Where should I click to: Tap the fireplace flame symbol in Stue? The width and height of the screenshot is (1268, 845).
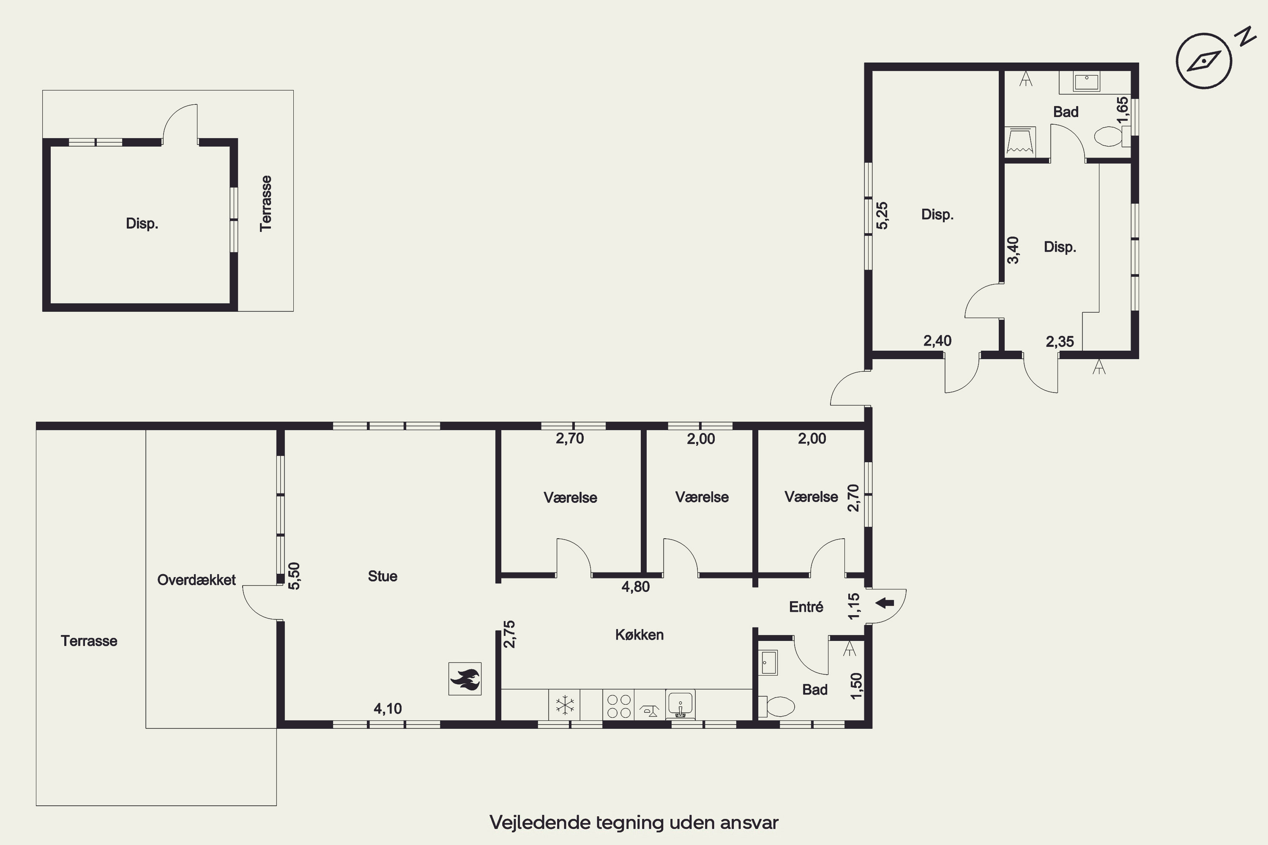pyautogui.click(x=465, y=679)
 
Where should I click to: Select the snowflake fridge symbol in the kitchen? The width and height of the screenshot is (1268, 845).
pyautogui.click(x=564, y=705)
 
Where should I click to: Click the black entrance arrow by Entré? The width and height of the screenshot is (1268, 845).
pyautogui.click(x=885, y=603)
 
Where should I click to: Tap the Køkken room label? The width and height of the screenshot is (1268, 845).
pyautogui.click(x=639, y=635)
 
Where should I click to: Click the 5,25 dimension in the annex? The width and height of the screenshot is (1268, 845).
pyautogui.click(x=882, y=215)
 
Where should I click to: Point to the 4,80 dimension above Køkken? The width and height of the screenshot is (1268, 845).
pyautogui.click(x=636, y=587)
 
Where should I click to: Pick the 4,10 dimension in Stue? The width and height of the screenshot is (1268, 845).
pyautogui.click(x=388, y=709)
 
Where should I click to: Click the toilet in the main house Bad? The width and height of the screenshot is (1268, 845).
pyautogui.click(x=776, y=706)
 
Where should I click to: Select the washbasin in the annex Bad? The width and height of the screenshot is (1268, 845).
pyautogui.click(x=1086, y=82)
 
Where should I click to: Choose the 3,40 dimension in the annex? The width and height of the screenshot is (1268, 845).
pyautogui.click(x=1013, y=250)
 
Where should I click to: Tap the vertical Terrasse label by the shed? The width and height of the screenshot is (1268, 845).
pyautogui.click(x=265, y=204)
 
